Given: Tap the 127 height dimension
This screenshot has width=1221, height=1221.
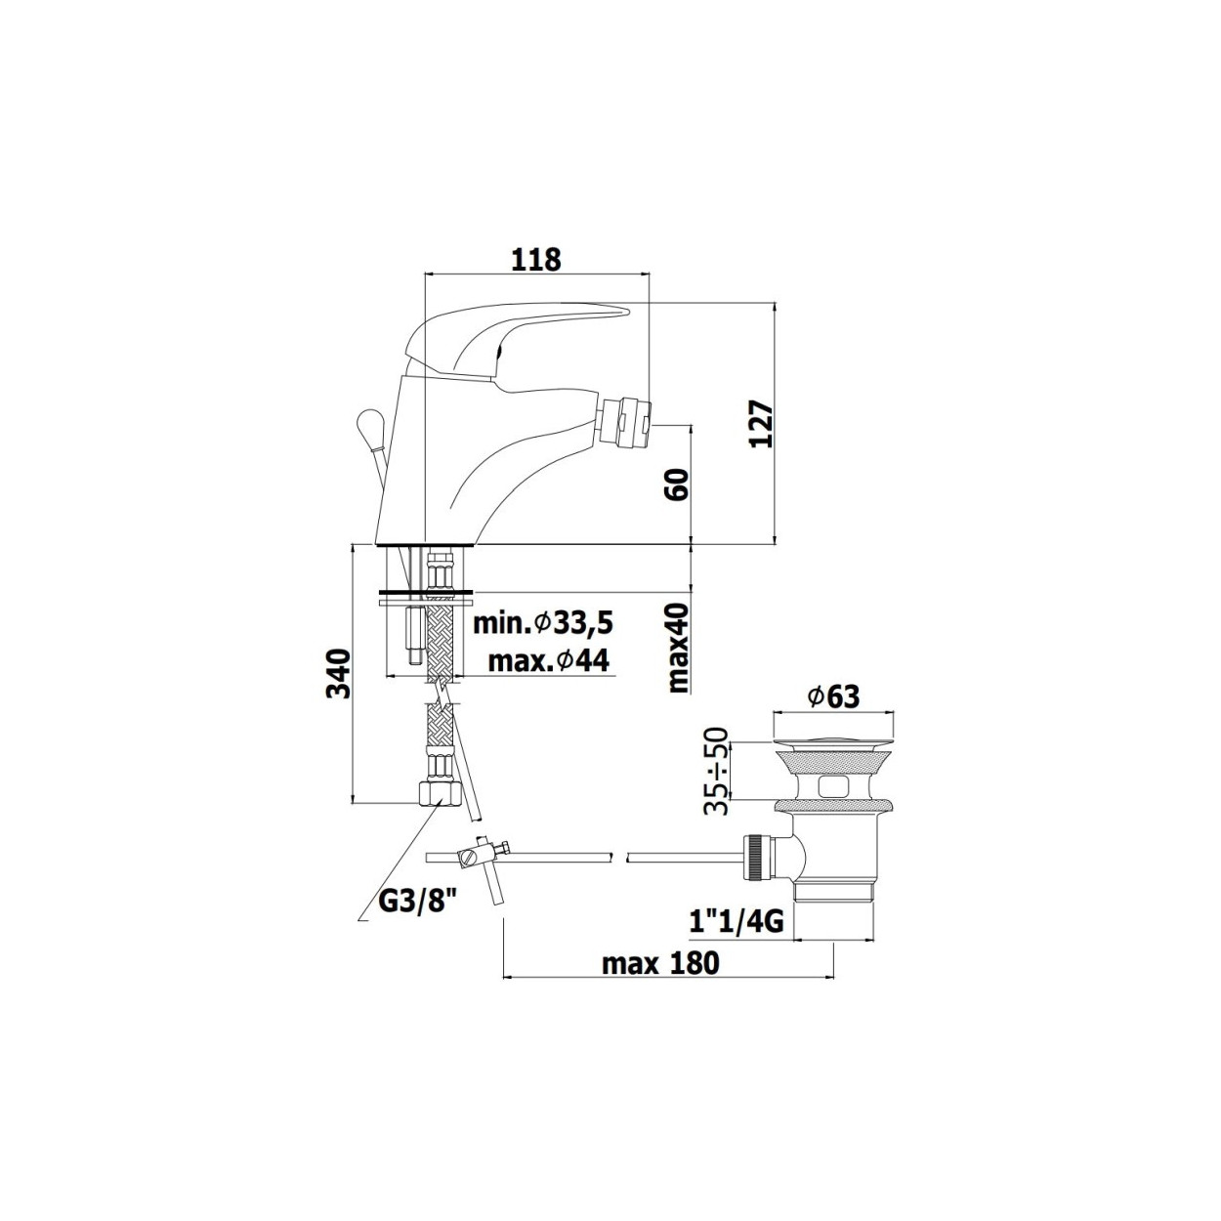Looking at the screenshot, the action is click(x=761, y=424).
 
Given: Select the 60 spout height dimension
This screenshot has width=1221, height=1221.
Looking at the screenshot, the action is click(x=677, y=484).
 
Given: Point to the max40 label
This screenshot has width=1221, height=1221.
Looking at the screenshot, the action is click(x=678, y=647).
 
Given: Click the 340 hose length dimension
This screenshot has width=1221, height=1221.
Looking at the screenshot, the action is click(x=338, y=673).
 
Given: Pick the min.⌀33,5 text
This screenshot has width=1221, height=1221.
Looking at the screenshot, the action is click(x=543, y=624).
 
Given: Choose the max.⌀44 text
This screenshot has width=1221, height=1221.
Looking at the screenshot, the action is click(x=549, y=661).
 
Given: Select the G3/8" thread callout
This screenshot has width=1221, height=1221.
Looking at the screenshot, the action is click(x=418, y=918).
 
